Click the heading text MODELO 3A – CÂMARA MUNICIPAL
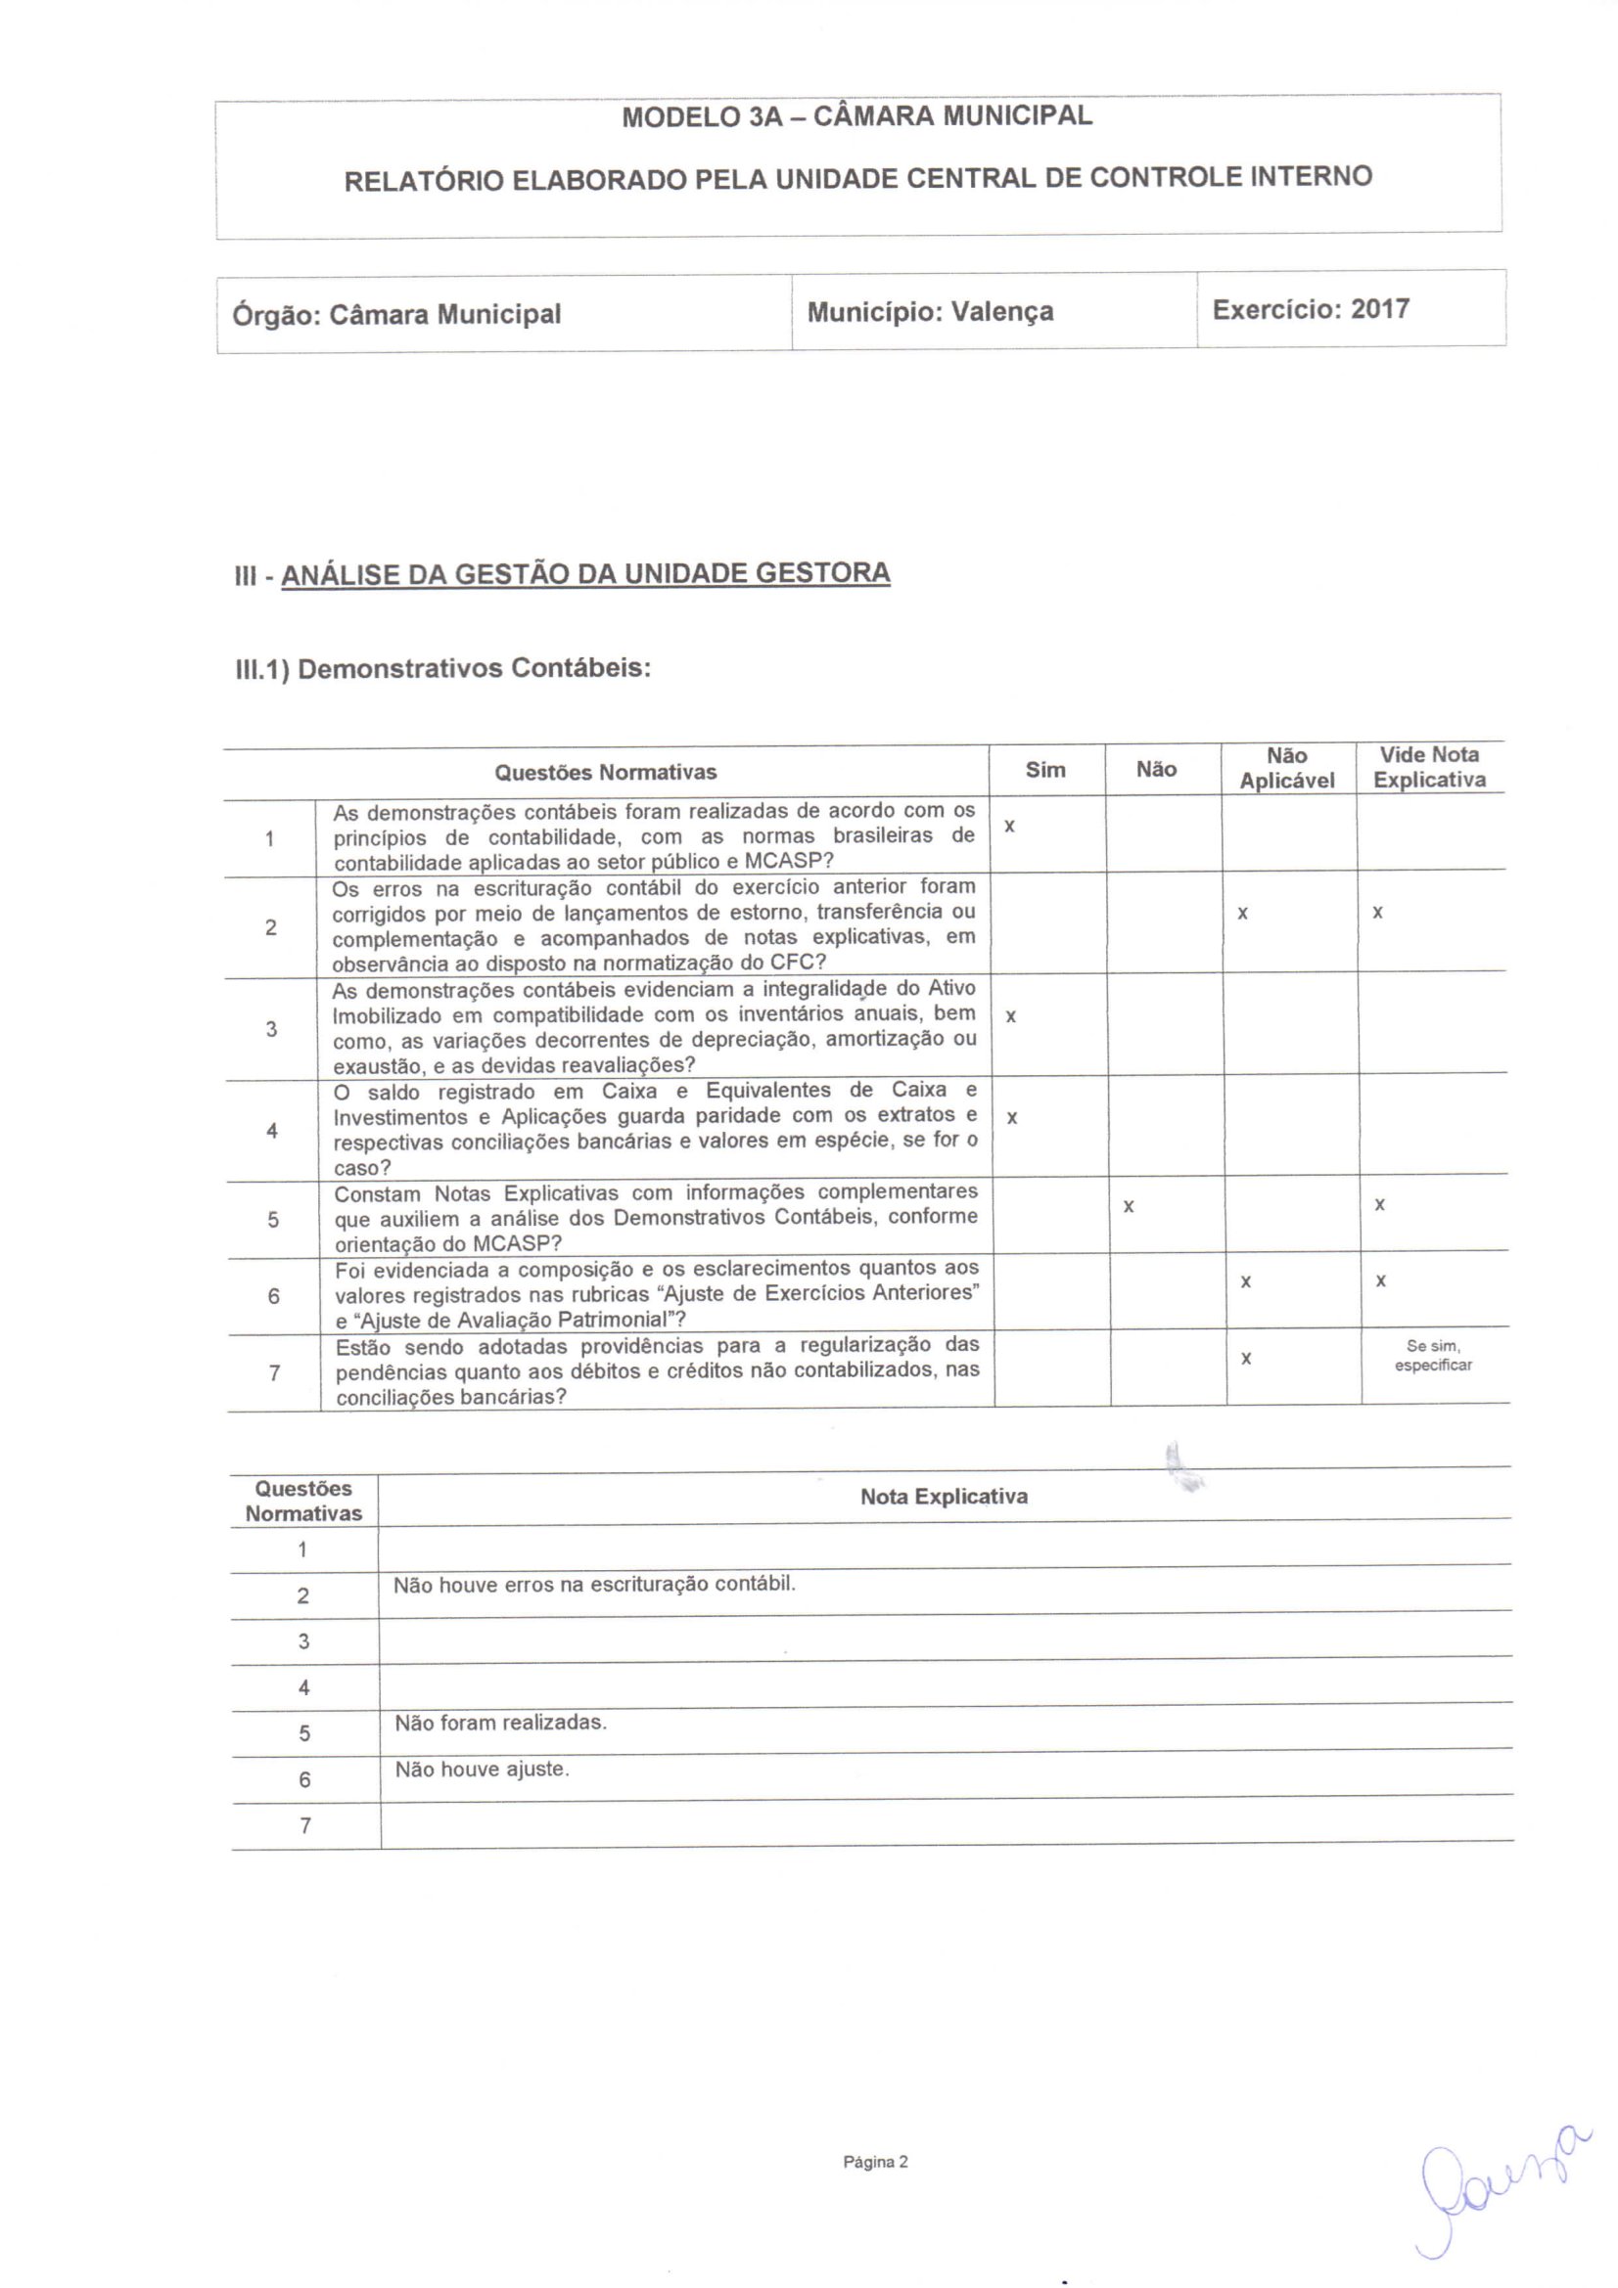(x=856, y=115)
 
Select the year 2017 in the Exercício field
(x=1380, y=309)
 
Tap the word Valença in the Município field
(x=1002, y=312)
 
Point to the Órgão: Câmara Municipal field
(x=396, y=315)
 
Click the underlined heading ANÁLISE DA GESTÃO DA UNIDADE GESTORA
(x=585, y=574)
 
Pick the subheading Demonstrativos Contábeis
(x=474, y=668)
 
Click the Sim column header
(x=1044, y=769)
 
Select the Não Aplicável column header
(x=1287, y=768)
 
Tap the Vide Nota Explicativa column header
(x=1428, y=767)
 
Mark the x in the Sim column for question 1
(x=1010, y=828)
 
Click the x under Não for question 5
(x=1129, y=1207)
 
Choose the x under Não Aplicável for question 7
(x=1246, y=1359)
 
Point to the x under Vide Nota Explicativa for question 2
(x=1378, y=912)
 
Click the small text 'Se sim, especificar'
(x=1433, y=1355)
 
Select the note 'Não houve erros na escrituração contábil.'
(x=594, y=1584)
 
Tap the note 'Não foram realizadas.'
(x=500, y=1722)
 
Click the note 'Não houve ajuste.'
(x=482, y=1769)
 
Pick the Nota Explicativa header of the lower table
(x=943, y=1496)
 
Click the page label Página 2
(x=875, y=2162)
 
